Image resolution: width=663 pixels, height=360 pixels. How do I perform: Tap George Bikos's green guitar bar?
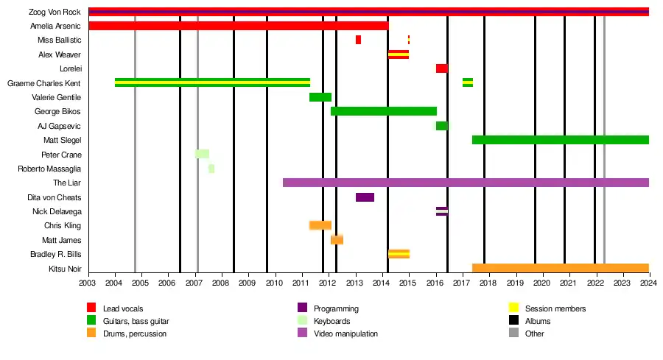point(383,111)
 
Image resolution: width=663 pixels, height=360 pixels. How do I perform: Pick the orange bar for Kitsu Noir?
point(560,268)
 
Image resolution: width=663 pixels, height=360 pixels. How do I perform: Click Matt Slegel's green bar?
point(560,140)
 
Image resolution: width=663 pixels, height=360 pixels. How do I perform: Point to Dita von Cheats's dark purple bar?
point(365,197)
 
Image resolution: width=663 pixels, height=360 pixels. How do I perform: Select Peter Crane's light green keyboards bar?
point(202,154)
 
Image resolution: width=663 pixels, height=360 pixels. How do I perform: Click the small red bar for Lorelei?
point(441,68)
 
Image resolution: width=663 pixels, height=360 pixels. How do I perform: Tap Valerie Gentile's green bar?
point(320,97)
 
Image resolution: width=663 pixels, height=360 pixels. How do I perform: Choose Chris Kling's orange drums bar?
point(320,225)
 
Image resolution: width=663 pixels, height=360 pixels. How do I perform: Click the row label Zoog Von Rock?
point(55,12)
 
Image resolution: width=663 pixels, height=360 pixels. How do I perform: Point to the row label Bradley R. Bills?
point(57,255)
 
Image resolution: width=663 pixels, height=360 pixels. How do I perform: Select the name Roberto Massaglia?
point(49,169)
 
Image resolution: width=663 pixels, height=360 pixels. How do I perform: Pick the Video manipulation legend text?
point(345,334)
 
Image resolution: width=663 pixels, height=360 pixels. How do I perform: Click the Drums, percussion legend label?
point(134,334)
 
